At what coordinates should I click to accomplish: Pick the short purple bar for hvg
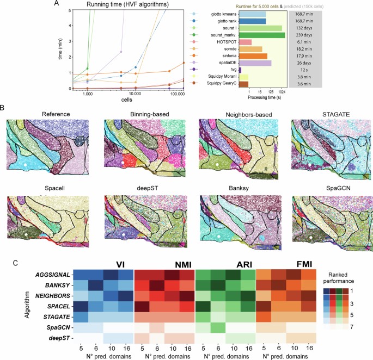[x=240, y=70]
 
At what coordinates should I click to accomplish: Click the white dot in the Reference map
[x=25, y=162]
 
